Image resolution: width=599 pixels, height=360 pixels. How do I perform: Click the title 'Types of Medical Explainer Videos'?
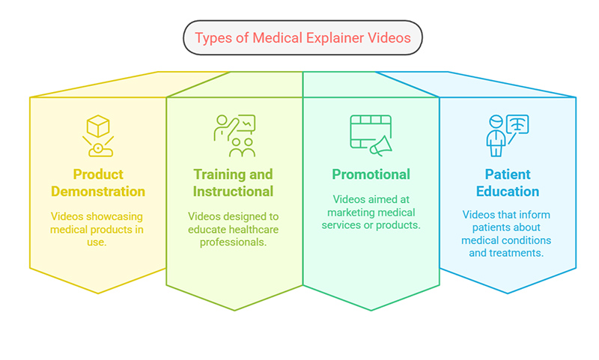302,37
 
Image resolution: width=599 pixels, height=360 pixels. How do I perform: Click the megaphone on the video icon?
381,144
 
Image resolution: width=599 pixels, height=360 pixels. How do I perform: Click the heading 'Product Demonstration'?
98,183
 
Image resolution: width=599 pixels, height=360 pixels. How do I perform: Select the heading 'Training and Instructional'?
234,183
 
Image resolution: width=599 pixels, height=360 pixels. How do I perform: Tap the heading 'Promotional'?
371,174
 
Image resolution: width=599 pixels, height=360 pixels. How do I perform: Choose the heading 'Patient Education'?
507,183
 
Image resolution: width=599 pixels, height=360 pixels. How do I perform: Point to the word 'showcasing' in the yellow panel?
112,216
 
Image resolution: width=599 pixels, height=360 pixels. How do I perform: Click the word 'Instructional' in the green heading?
234,191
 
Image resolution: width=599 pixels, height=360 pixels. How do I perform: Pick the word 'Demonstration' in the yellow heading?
98,191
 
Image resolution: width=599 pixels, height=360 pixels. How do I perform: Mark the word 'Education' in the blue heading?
507,191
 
